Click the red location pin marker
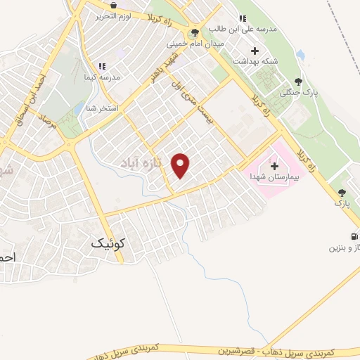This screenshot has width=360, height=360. pos(181,165)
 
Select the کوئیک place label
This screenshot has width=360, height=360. pos(108,243)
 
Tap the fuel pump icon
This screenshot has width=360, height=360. pos(352,236)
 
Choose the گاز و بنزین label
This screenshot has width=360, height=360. pos(345,248)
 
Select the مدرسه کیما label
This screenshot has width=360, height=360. pos(102,76)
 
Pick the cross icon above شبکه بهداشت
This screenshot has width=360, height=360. pos(255,51)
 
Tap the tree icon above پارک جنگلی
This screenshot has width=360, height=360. pos(298,81)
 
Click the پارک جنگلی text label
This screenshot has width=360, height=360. pos(295,93)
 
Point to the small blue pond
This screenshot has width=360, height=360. pos(301,54)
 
